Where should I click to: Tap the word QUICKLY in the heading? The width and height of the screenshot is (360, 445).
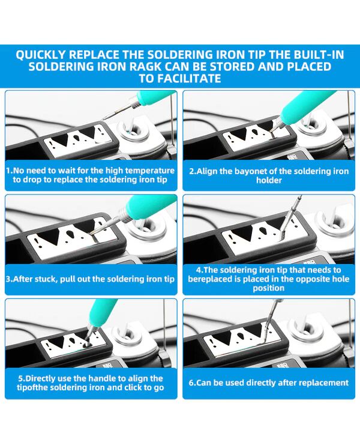click(x=41, y=55)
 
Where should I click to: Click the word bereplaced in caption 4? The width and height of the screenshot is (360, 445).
click(x=210, y=279)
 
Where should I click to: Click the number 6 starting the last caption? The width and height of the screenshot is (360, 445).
click(x=191, y=383)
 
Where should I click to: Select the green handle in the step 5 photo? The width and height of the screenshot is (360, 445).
click(x=103, y=312)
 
